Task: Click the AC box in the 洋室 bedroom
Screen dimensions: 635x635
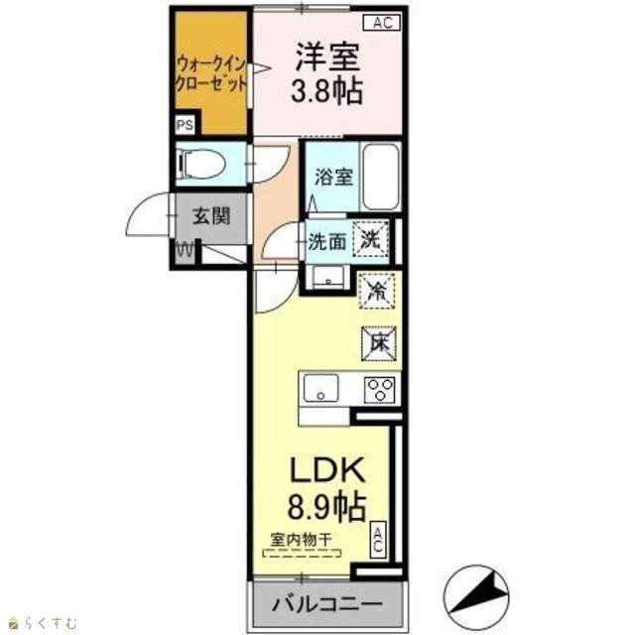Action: click(x=382, y=23)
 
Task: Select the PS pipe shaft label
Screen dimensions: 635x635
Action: click(x=185, y=125)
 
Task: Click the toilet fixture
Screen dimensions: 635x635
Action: click(x=201, y=164)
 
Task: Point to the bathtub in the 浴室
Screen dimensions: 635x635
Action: click(x=380, y=177)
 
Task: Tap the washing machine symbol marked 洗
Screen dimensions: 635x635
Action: click(x=370, y=240)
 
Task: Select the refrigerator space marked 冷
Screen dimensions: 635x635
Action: click(x=377, y=291)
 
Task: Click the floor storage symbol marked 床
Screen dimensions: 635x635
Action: click(x=379, y=343)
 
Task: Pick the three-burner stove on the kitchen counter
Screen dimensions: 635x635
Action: click(x=379, y=389)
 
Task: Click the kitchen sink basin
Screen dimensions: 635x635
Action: click(x=321, y=388)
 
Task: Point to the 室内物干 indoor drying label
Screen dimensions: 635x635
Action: click(x=302, y=540)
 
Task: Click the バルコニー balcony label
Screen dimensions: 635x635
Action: click(x=327, y=604)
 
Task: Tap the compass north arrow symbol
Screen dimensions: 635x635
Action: click(x=476, y=597)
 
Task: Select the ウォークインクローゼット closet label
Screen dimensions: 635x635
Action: click(x=211, y=74)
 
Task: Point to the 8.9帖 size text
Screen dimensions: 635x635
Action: click(x=326, y=506)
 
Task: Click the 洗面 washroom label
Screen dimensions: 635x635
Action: click(x=327, y=242)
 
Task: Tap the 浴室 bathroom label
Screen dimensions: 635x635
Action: click(x=333, y=177)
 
